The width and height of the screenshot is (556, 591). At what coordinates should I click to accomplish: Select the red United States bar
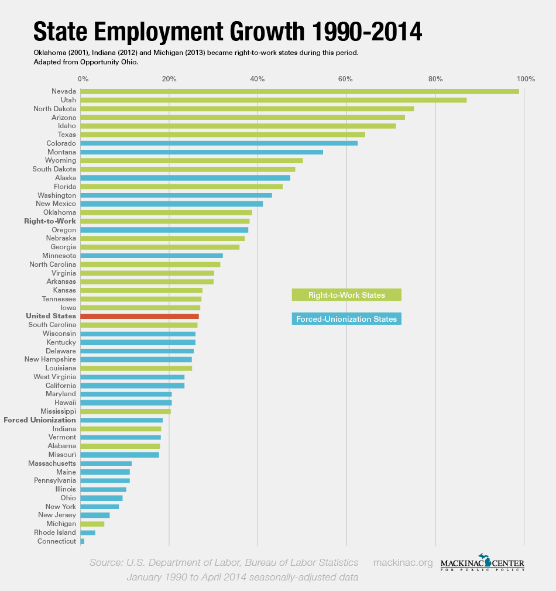[139, 316]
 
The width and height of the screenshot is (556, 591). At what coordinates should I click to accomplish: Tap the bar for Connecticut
[83, 541]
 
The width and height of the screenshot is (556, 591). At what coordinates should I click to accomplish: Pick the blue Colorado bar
[219, 143]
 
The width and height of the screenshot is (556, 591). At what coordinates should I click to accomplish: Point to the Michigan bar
[92, 524]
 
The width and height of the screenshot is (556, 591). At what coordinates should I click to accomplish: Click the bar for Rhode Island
[88, 532]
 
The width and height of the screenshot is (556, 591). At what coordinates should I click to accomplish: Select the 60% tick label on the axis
[346, 78]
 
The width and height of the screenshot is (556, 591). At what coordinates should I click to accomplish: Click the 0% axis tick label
[83, 78]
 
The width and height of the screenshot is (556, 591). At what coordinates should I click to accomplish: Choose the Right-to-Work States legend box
[346, 295]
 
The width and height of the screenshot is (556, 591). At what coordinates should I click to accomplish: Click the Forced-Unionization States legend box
[346, 319]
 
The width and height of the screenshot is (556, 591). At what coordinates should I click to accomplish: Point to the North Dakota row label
[54, 109]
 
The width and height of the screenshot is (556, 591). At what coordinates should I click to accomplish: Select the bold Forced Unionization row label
[40, 420]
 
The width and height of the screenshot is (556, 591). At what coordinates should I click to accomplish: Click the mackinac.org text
[403, 563]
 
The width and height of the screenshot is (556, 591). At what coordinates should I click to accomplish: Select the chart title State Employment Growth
[227, 31]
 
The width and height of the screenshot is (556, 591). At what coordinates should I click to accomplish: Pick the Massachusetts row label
[52, 463]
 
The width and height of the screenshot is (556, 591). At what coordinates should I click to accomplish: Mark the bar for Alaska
[185, 178]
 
